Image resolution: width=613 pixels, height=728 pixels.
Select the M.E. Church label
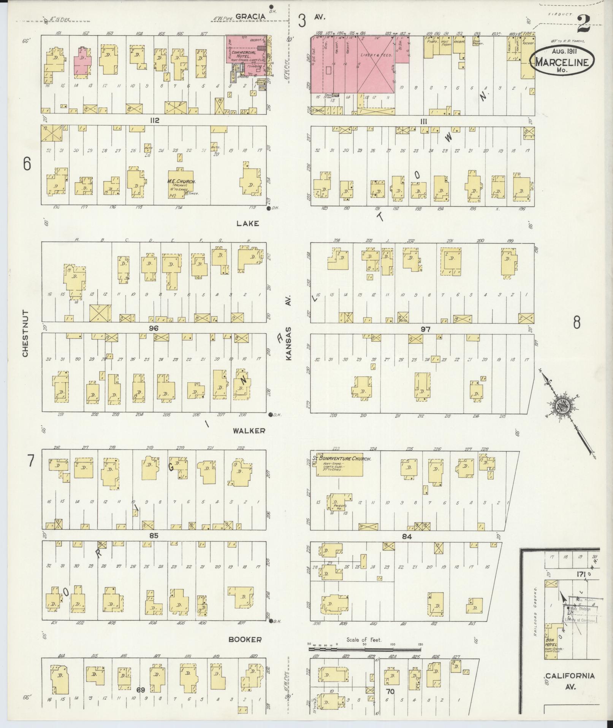click(x=182, y=182)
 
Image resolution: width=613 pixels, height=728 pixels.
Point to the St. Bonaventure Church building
click(x=339, y=464)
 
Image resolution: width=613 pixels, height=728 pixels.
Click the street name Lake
click(x=247, y=223)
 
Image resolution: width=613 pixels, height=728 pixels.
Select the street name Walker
click(x=249, y=431)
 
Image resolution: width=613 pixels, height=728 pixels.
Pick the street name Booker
click(x=245, y=640)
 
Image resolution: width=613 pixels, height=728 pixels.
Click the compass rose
click(x=562, y=406)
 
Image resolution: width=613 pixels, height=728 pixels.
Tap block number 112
click(x=154, y=121)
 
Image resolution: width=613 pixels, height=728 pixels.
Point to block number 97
click(x=425, y=329)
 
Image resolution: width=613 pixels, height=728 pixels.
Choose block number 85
click(x=154, y=535)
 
